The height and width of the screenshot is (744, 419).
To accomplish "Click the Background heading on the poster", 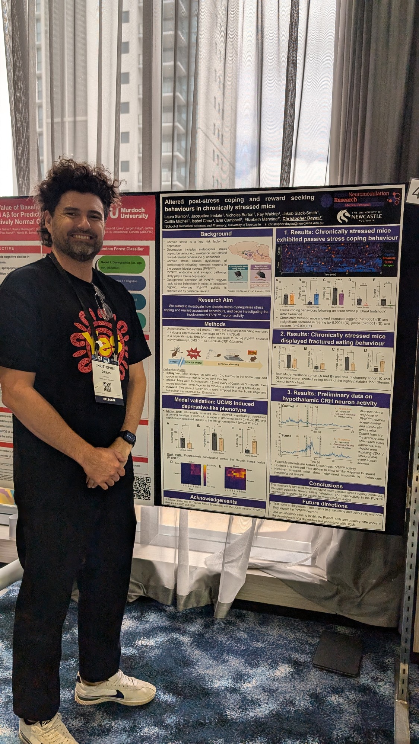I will tap(216, 234).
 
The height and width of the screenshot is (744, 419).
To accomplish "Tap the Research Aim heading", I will tap(216, 300).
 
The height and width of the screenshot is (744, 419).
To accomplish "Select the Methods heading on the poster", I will tap(215, 324).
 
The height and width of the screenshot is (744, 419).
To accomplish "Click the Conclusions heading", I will tap(326, 485).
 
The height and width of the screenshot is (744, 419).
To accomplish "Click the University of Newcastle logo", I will tap(366, 216).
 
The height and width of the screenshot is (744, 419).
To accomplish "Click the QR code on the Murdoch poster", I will tap(142, 487).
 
